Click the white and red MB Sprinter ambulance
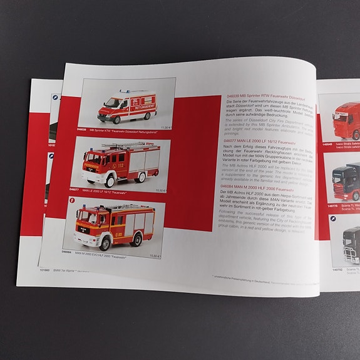point(127,106)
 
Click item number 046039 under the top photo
point(82,129)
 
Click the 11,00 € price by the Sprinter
point(166,127)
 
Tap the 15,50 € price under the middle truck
point(160,190)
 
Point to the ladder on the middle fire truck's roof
point(125,146)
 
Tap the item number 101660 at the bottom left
point(44,271)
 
